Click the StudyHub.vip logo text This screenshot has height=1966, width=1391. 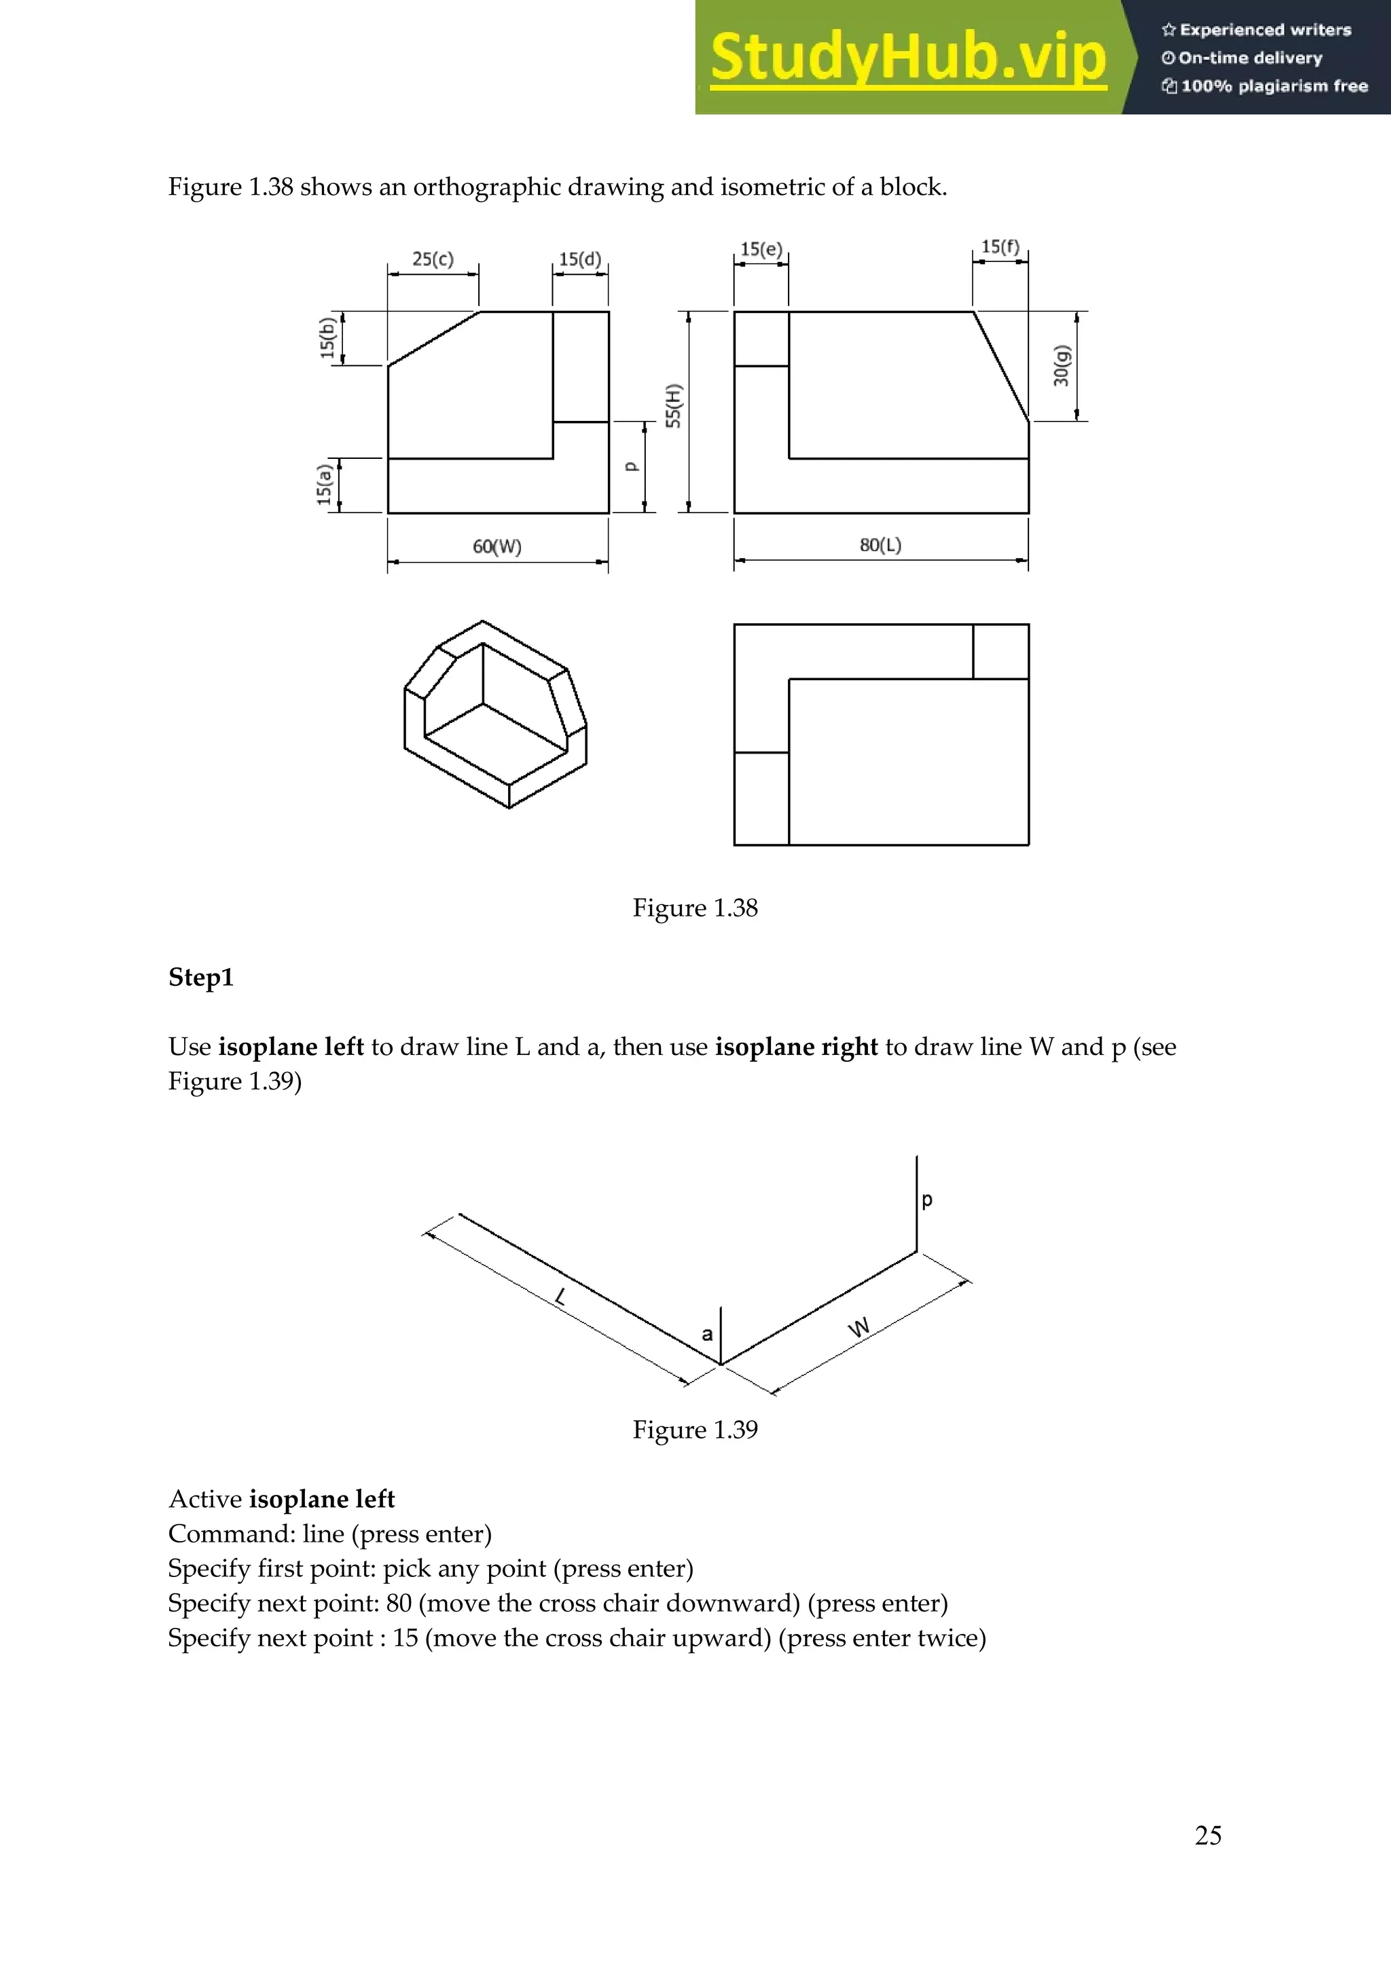tap(908, 58)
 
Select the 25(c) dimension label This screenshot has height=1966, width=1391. tap(433, 259)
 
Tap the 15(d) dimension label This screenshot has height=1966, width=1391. tap(580, 259)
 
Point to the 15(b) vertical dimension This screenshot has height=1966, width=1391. tap(326, 337)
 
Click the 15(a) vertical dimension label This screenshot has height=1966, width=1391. tap(324, 485)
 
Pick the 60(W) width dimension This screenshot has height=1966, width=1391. tap(496, 546)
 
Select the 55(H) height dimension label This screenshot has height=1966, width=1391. tap(674, 406)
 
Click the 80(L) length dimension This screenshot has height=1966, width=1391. tap(880, 544)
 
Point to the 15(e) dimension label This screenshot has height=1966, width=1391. tap(761, 249)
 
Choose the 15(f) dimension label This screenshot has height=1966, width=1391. tap(1000, 246)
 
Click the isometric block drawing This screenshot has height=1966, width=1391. tap(495, 714)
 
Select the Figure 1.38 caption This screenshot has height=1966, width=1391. tap(695, 908)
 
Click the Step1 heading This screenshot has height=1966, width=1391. tap(200, 977)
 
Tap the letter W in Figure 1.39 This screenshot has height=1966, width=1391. tap(859, 1328)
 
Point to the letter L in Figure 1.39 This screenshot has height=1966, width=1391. tap(561, 1297)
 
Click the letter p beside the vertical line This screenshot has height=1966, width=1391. tap(926, 1200)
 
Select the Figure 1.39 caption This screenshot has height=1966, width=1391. tap(695, 1429)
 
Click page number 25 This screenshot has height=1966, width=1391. tap(1208, 1835)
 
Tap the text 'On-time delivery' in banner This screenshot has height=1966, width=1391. tap(1250, 58)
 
